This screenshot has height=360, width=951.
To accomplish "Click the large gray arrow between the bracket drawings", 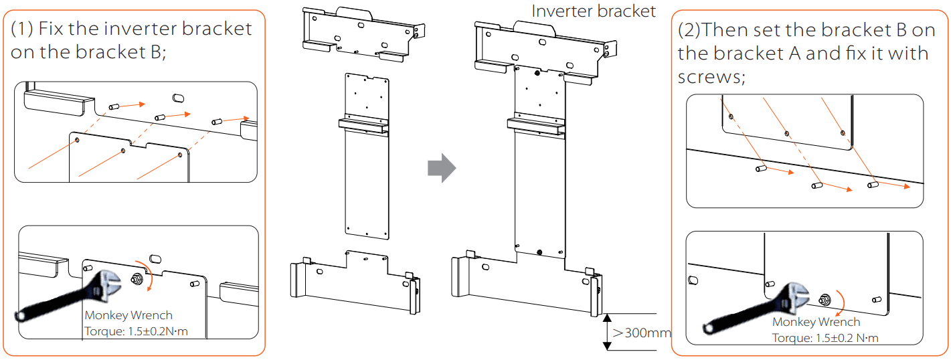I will (441, 168).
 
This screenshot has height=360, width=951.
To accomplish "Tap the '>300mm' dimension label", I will (641, 333).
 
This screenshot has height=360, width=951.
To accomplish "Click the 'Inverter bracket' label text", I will (594, 11).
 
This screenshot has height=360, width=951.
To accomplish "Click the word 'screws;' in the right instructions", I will (711, 77).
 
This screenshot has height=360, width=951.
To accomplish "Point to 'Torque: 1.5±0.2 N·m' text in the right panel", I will (825, 337).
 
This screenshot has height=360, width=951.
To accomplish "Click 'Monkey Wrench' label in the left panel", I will (128, 315).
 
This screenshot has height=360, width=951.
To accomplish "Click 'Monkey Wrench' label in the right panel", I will (816, 322).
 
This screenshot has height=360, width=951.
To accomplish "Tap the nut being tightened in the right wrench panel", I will (824, 299).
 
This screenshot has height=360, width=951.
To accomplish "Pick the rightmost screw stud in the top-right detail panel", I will (872, 183).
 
